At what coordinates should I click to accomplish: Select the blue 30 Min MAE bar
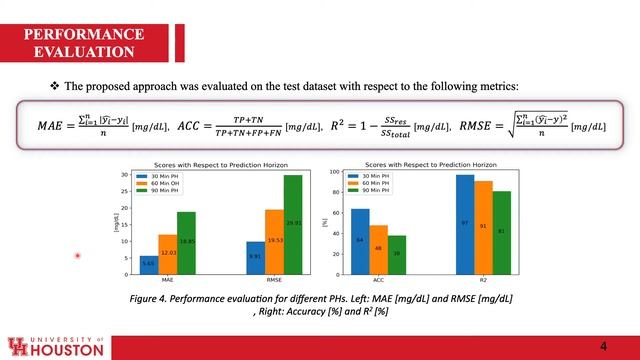click(148, 265)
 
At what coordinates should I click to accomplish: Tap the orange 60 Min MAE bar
click(167, 255)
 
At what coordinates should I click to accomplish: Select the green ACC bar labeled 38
click(397, 256)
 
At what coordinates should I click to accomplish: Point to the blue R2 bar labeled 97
click(464, 225)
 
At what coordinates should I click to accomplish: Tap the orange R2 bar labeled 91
click(483, 228)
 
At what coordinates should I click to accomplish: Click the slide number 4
click(603, 345)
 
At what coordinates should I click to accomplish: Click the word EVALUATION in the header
click(85, 51)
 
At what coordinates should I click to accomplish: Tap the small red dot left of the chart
click(77, 256)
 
